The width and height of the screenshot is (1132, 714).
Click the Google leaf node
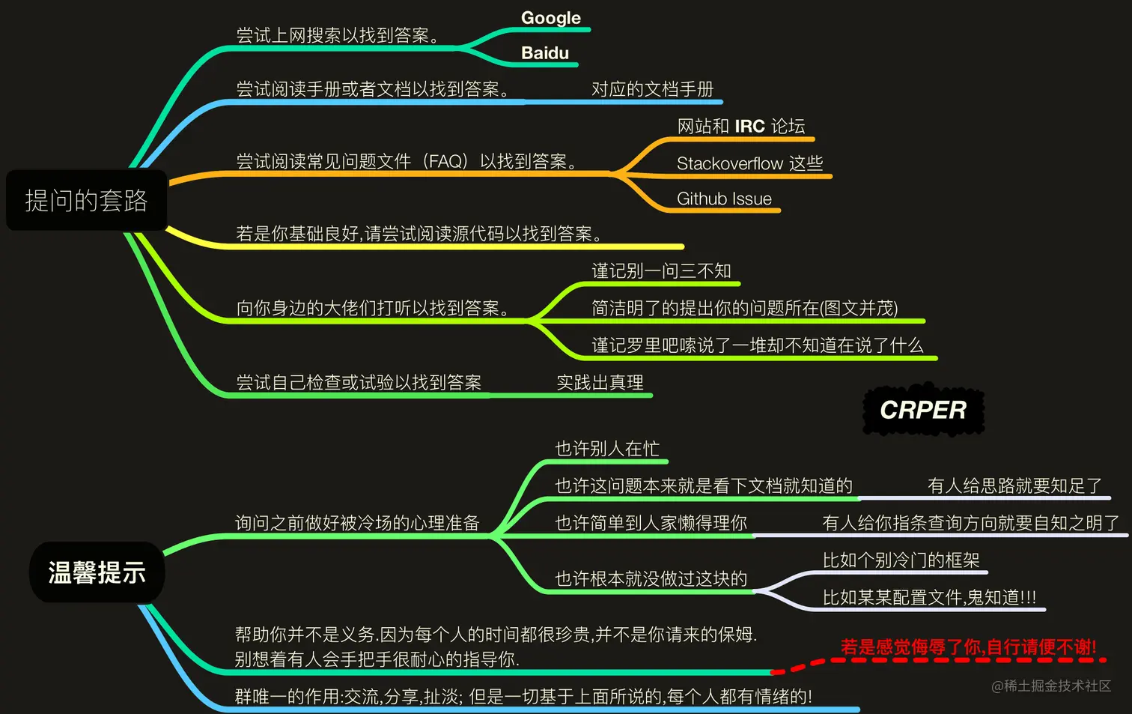tap(550, 18)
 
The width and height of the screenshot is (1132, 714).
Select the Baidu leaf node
tap(545, 53)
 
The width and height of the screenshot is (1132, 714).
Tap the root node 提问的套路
tap(86, 200)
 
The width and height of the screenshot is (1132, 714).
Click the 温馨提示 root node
tap(97, 572)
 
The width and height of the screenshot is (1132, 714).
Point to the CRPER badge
tap(923, 410)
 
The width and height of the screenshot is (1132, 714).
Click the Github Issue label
tap(724, 199)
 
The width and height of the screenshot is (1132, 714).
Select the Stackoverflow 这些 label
tap(749, 163)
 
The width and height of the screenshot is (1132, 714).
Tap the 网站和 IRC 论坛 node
tap(740, 126)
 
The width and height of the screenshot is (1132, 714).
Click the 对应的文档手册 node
tap(652, 89)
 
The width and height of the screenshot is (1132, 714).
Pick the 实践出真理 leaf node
tap(600, 382)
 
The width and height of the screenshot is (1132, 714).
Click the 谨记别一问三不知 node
tap(661, 270)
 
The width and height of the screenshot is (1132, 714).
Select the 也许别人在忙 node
tap(607, 448)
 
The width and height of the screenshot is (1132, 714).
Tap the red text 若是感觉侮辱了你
tap(968, 647)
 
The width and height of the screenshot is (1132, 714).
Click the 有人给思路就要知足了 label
tap(1014, 485)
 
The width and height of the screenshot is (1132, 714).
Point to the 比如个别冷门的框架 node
tap(901, 560)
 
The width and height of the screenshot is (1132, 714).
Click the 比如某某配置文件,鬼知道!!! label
tap(929, 597)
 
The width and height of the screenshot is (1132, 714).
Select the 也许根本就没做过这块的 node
tap(651, 578)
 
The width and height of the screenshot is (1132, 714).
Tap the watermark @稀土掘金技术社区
tap(1051, 686)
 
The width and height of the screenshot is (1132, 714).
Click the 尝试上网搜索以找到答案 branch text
tap(338, 35)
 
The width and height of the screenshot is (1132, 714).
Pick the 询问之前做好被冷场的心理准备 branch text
tap(357, 522)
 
